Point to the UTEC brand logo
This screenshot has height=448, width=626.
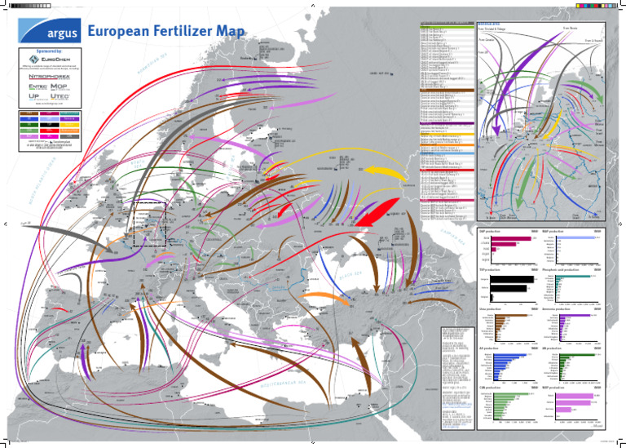(66, 97)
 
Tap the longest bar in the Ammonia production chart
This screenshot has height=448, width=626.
(582, 314)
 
